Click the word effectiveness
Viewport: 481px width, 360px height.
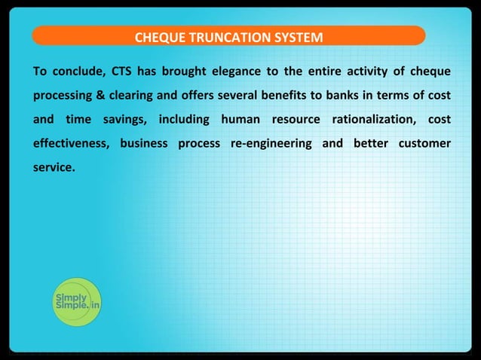71,143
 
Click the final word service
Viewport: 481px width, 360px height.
54,166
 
